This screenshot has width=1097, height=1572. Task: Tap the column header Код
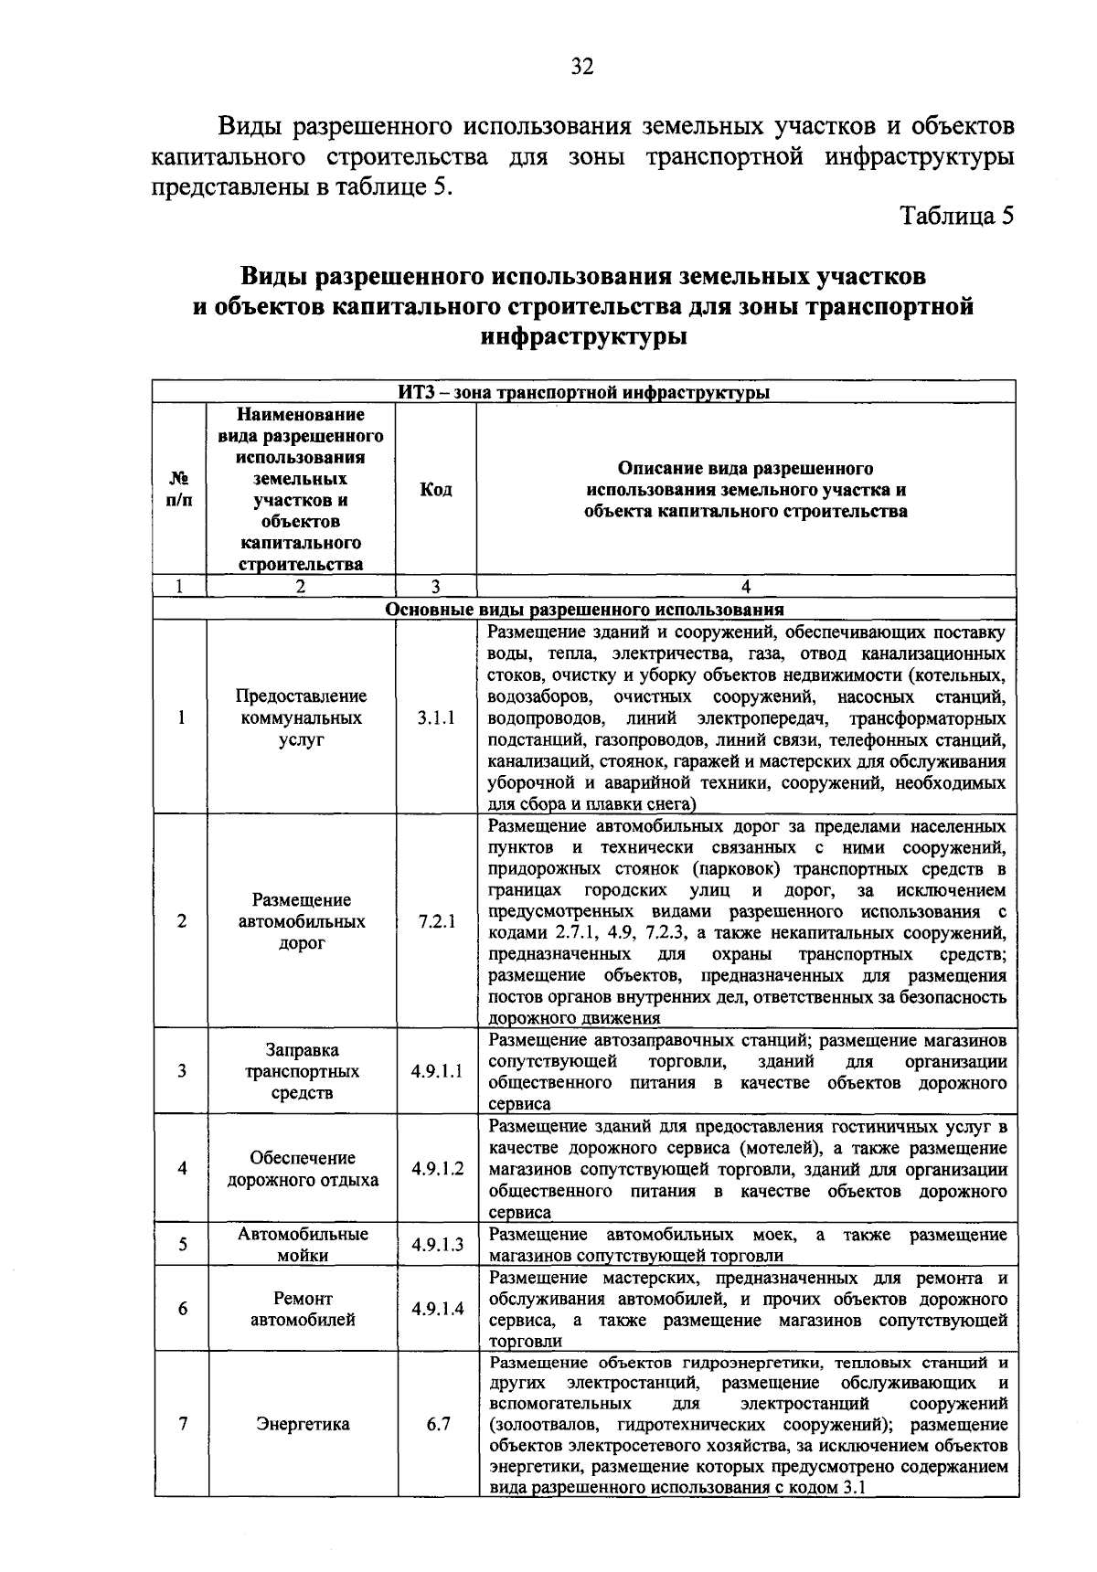[436, 490]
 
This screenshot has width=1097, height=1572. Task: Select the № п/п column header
[180, 490]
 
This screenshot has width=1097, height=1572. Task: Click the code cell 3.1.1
[436, 718]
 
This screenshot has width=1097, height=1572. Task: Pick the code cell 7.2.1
[436, 921]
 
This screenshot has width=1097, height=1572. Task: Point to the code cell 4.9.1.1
[437, 1071]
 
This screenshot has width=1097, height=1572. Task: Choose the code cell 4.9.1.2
[437, 1169]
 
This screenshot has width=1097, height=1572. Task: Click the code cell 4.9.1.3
[437, 1245]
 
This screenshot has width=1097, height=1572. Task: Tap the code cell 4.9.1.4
[437, 1309]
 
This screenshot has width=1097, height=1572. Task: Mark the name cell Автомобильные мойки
[303, 1245]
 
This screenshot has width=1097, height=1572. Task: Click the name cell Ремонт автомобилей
[303, 1309]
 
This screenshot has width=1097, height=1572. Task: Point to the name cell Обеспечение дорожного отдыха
[303, 1169]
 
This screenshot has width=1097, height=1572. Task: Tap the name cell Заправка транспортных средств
[303, 1071]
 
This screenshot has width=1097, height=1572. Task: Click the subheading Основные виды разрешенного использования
[584, 610]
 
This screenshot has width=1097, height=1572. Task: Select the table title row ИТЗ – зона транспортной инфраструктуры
[584, 393]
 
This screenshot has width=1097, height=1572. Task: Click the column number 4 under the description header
[746, 588]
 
